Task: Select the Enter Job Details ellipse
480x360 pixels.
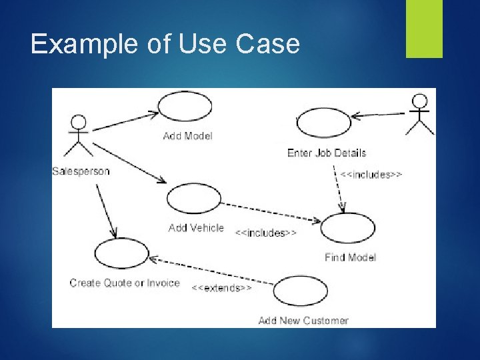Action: coord(323,123)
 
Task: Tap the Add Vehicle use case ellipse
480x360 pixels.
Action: coord(193,198)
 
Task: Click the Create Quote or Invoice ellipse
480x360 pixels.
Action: coord(122,253)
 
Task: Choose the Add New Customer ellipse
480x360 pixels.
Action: coord(301,291)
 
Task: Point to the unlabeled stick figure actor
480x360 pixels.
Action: coord(419,114)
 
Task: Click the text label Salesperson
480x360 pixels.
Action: coord(81,171)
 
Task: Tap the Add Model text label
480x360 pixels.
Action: coord(188,136)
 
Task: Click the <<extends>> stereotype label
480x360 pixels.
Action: coord(222,288)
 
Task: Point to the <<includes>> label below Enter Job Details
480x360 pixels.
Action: coord(371,175)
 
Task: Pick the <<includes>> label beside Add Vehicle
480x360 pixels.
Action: coord(266,233)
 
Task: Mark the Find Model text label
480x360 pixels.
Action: coord(351,257)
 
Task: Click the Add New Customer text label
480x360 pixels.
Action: coord(303,321)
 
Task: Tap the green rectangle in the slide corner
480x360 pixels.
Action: coord(425,29)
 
